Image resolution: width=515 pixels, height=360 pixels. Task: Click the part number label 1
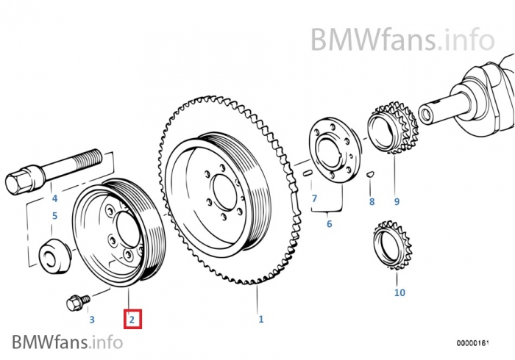pos(260,319)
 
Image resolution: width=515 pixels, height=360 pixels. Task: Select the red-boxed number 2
pos(132,320)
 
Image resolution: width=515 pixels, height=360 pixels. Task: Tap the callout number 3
pos(91,320)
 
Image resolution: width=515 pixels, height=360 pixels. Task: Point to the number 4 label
pos(54,198)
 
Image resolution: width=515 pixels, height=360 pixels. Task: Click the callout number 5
pos(54,216)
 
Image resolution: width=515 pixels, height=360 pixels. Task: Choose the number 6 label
pos(329,223)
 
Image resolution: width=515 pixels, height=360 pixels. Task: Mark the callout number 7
pos(314,198)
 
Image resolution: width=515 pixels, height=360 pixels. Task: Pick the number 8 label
pos(372,201)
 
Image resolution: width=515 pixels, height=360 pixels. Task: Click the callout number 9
pos(397,201)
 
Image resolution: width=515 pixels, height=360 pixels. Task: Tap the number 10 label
pos(399,292)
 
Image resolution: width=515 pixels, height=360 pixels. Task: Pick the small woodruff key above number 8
pos(371,175)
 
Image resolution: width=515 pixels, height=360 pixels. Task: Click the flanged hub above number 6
pos(330,151)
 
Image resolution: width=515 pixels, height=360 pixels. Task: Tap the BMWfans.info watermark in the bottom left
pos(67,341)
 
